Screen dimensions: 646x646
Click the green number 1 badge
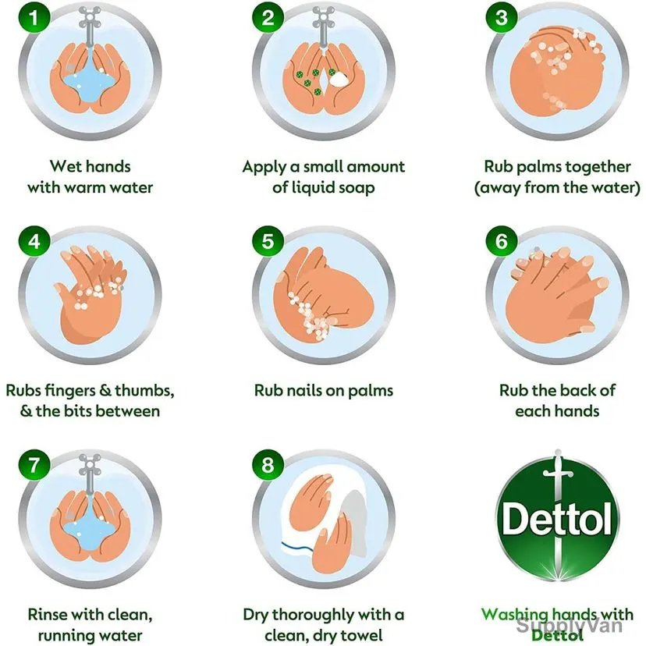pyautogui.click(x=34, y=18)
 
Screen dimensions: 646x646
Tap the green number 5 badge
pyautogui.click(x=268, y=241)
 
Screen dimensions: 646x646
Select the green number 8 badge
pyautogui.click(x=268, y=465)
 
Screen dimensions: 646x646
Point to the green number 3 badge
pyautogui.click(x=502, y=18)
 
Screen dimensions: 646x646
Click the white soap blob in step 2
pyautogui.click(x=339, y=79)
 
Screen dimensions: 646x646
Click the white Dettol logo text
pyautogui.click(x=557, y=519)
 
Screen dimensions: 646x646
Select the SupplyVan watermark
pyautogui.click(x=569, y=626)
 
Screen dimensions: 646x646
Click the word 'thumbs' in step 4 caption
pyautogui.click(x=144, y=391)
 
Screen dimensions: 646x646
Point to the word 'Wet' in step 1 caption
pyautogui.click(x=62, y=166)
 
